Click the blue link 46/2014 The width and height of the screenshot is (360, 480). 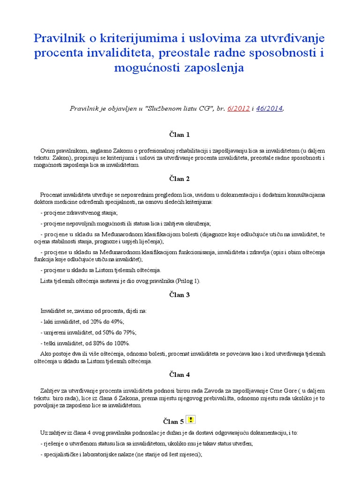coord(270,109)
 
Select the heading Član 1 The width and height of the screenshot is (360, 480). coord(180,135)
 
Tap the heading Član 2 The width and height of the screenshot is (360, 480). coord(180,179)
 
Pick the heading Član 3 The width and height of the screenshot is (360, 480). coord(180,295)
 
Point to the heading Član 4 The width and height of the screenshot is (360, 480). coord(180,375)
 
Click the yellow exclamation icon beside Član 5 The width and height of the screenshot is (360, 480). coord(191,420)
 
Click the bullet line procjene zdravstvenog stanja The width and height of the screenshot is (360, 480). coord(79,212)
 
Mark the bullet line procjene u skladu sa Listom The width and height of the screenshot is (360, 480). coord(101,270)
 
